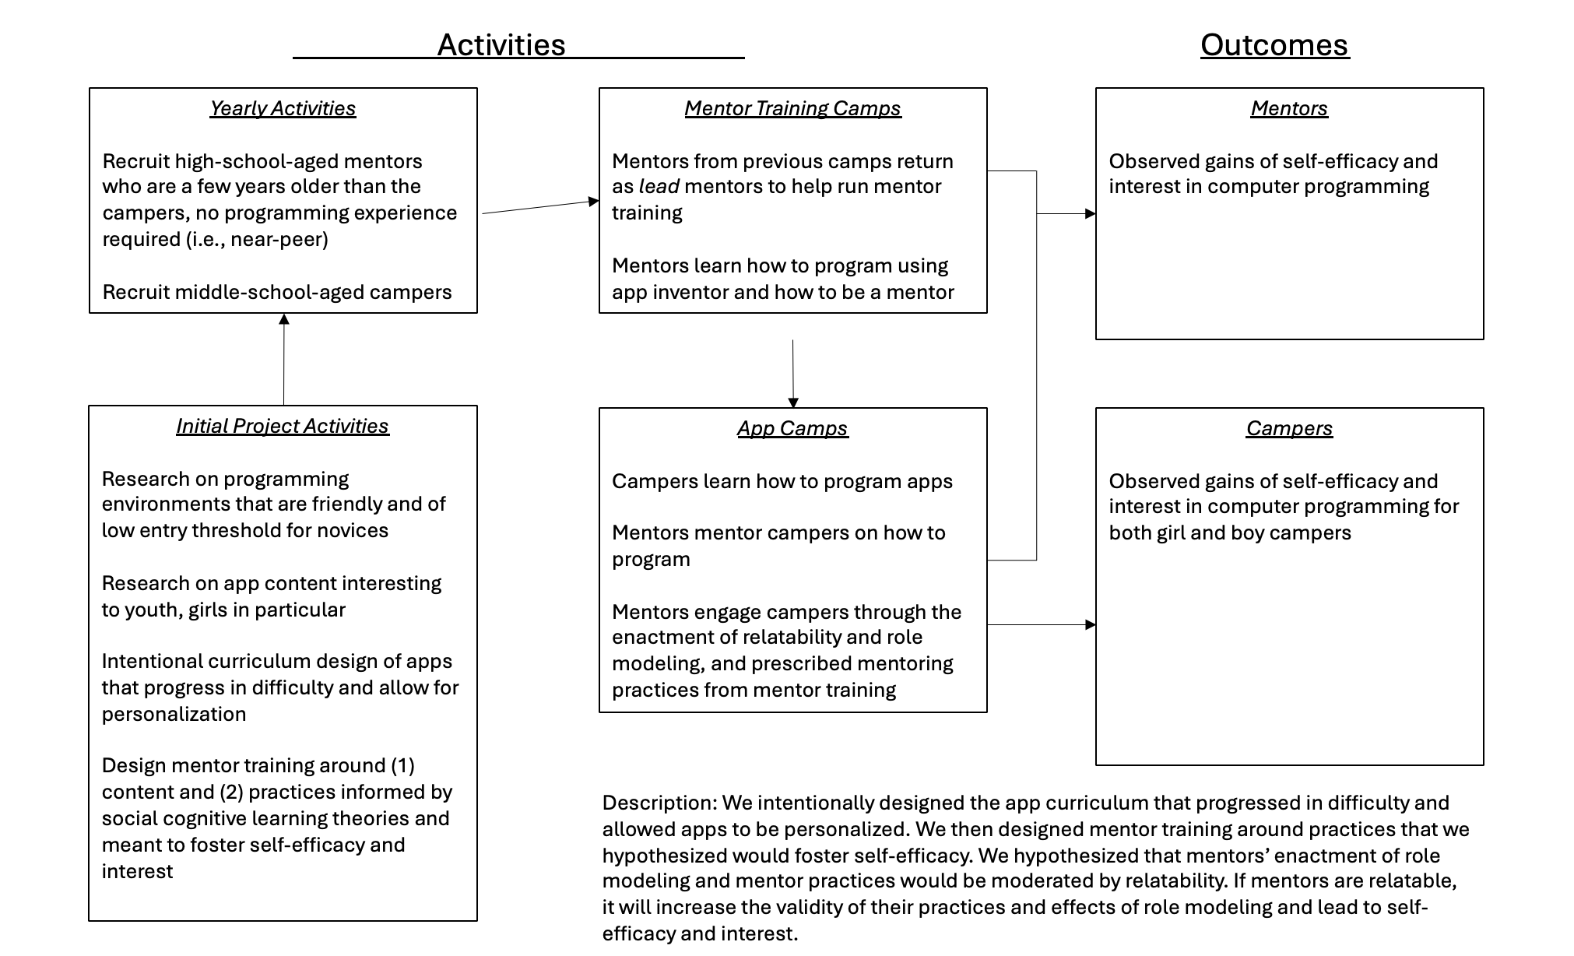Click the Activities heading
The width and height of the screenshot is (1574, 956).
[501, 45]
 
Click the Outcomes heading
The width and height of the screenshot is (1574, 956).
[1274, 45]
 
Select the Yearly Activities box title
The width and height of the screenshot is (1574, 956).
[283, 108]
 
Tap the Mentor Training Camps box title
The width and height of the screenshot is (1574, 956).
[792, 108]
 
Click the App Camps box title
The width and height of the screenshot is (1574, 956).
[792, 428]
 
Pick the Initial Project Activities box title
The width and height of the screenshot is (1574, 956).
[282, 426]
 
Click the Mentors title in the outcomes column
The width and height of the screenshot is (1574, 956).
[1289, 108]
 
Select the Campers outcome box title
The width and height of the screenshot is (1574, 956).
[1289, 428]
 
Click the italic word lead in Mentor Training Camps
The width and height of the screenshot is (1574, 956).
[659, 187]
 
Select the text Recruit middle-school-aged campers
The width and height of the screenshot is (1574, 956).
[276, 292]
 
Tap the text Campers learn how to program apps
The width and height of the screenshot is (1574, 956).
[782, 481]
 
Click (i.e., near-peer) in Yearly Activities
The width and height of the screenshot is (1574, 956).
[257, 239]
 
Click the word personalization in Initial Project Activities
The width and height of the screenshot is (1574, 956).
[174, 714]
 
